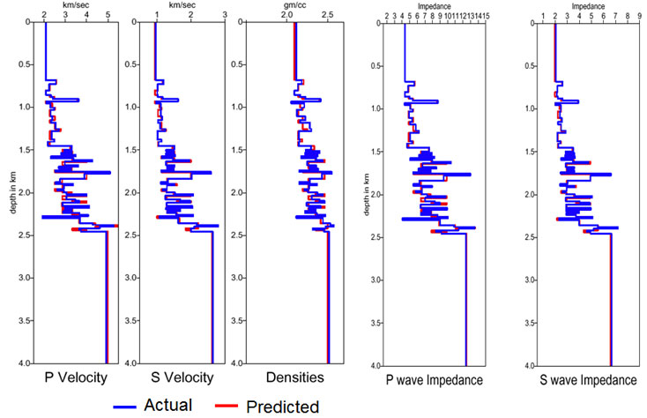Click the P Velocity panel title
point(76,378)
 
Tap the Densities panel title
point(295,378)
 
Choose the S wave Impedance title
point(588,380)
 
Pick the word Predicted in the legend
point(282,406)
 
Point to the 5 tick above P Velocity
point(107,14)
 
